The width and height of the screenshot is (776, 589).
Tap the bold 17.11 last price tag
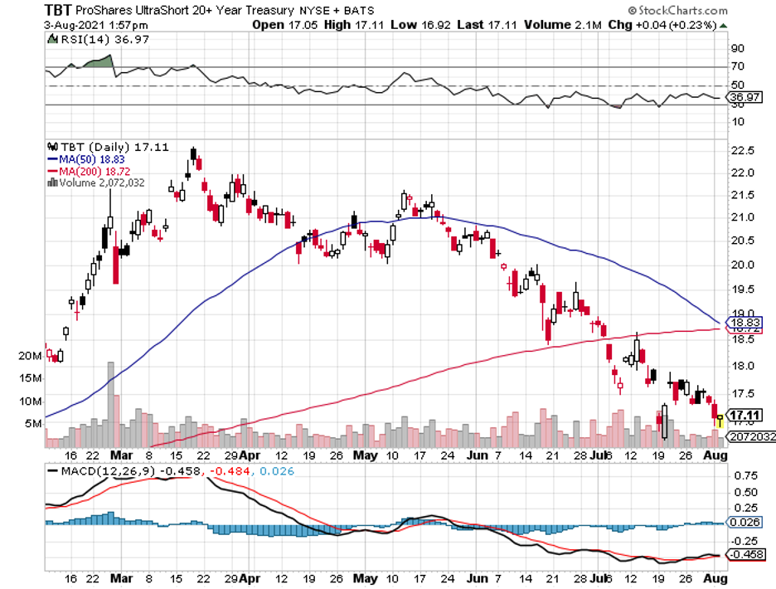[744, 416]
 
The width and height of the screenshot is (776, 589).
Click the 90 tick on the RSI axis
[736, 49]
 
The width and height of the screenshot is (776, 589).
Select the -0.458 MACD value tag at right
[744, 554]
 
